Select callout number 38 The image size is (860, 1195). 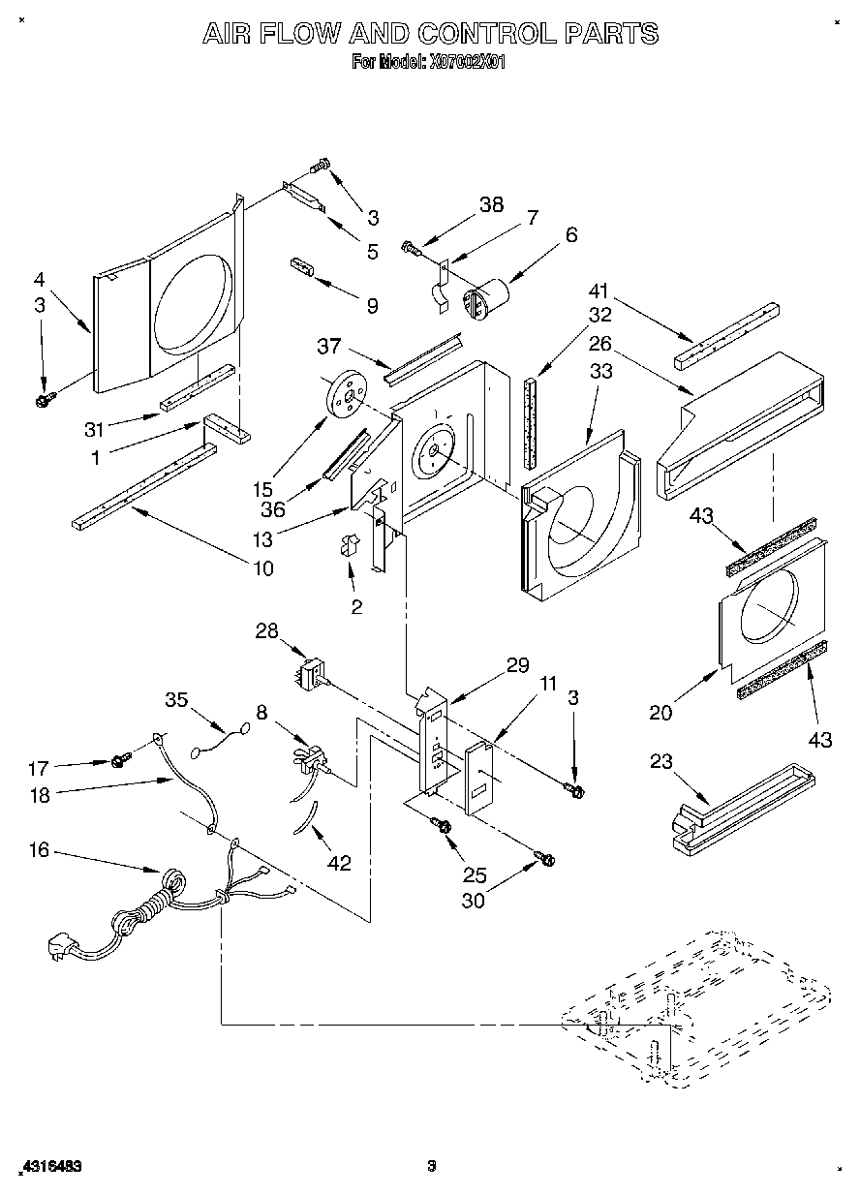click(491, 205)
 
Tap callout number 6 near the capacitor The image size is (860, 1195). click(571, 234)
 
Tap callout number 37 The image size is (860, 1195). click(329, 346)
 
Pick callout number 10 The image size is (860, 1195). click(262, 568)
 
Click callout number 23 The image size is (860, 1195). click(660, 761)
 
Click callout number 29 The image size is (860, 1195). click(517, 665)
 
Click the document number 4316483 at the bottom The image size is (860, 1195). click(48, 1167)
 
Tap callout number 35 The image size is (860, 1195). click(175, 700)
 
